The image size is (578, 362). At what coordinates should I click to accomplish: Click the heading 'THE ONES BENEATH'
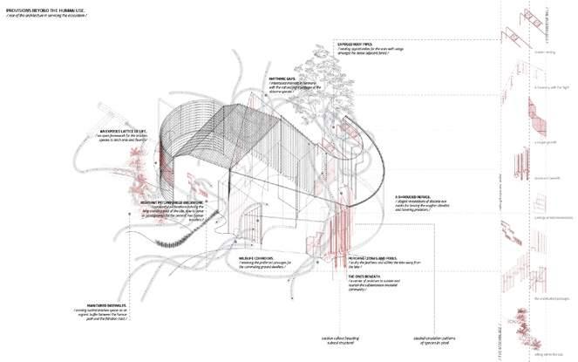(x=352, y=275)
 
